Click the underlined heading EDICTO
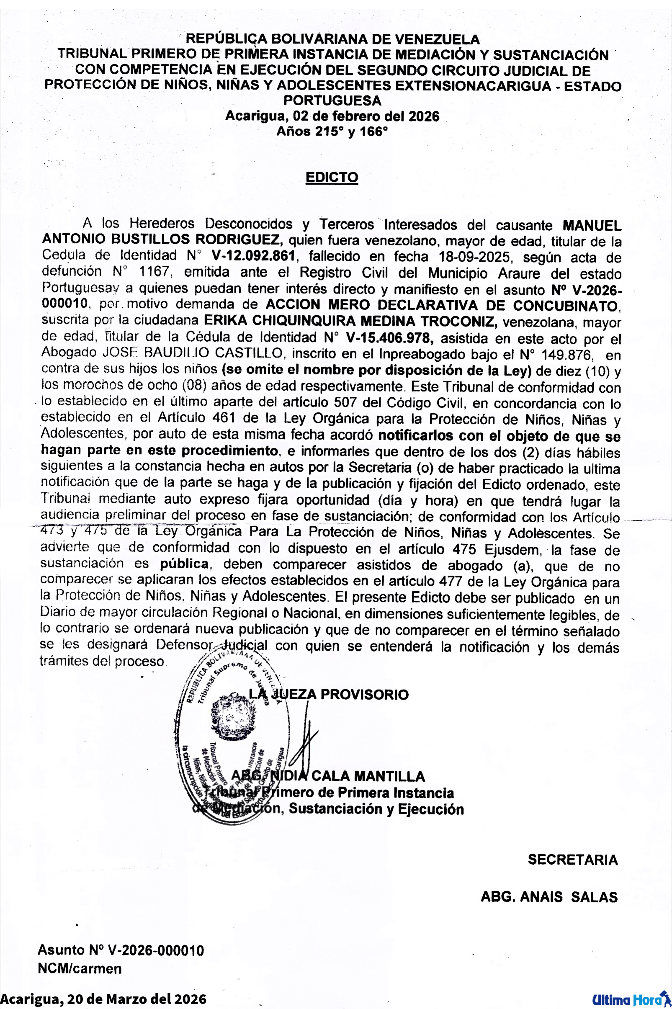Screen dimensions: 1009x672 coord(332,178)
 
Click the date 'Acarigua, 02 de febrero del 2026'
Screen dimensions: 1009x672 coord(332,116)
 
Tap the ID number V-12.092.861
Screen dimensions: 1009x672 coord(253,256)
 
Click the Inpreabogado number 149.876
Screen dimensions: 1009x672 coord(567,355)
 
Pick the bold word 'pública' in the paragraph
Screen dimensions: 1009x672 coord(184,564)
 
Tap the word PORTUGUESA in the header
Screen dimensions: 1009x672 coord(332,100)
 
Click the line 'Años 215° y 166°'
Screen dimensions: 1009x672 coord(332,131)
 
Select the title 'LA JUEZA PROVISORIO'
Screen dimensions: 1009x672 coord(329,695)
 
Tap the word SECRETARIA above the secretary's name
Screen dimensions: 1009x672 coord(573,860)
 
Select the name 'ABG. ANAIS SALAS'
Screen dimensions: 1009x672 coord(549,897)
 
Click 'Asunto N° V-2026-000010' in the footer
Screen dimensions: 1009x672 coord(121,950)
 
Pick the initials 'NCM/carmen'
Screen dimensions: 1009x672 coord(80,969)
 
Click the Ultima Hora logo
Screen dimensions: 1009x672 coord(630,999)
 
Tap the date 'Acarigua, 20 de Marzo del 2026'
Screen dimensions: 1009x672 coord(103,999)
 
